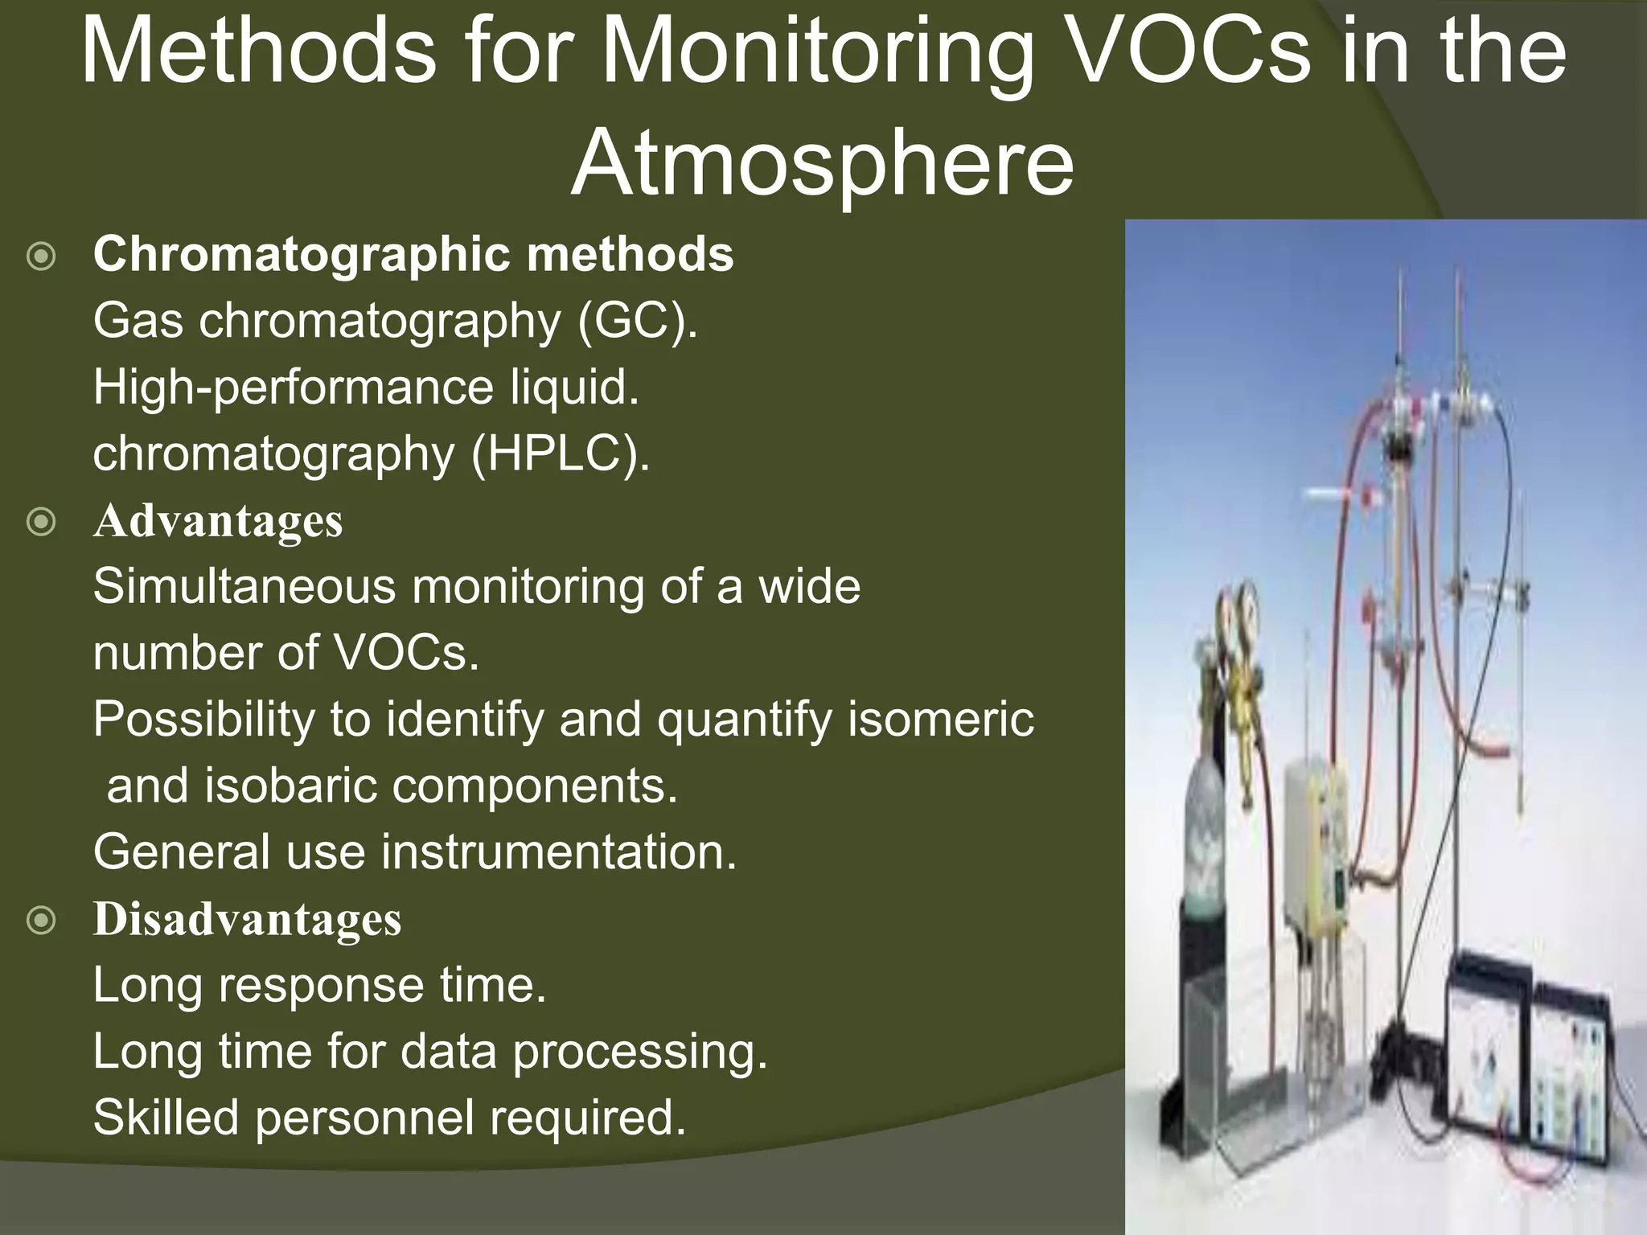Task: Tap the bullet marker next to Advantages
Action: tap(41, 523)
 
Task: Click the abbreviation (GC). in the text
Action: tap(637, 321)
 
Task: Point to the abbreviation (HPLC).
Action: tap(561, 454)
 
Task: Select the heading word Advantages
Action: tap(218, 521)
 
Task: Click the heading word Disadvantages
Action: tap(247, 919)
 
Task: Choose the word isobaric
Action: tap(290, 786)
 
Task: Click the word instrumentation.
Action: tap(558, 852)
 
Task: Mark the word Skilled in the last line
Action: tap(166, 1118)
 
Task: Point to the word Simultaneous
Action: tap(244, 586)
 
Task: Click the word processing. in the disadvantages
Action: tap(640, 1052)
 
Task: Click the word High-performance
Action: tap(292, 388)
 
